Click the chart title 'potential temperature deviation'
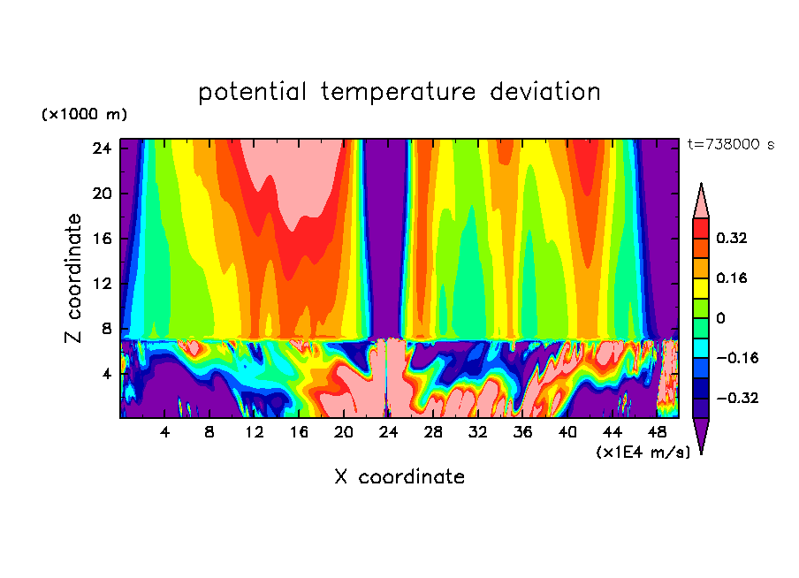(x=399, y=92)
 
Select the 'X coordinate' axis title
(x=399, y=477)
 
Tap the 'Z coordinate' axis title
(x=74, y=278)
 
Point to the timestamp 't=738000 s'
(x=730, y=144)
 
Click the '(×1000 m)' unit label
(x=84, y=115)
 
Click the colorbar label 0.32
(x=734, y=238)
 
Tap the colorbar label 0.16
(x=734, y=278)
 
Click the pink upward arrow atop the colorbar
(x=701, y=202)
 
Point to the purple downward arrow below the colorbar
(x=701, y=435)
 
